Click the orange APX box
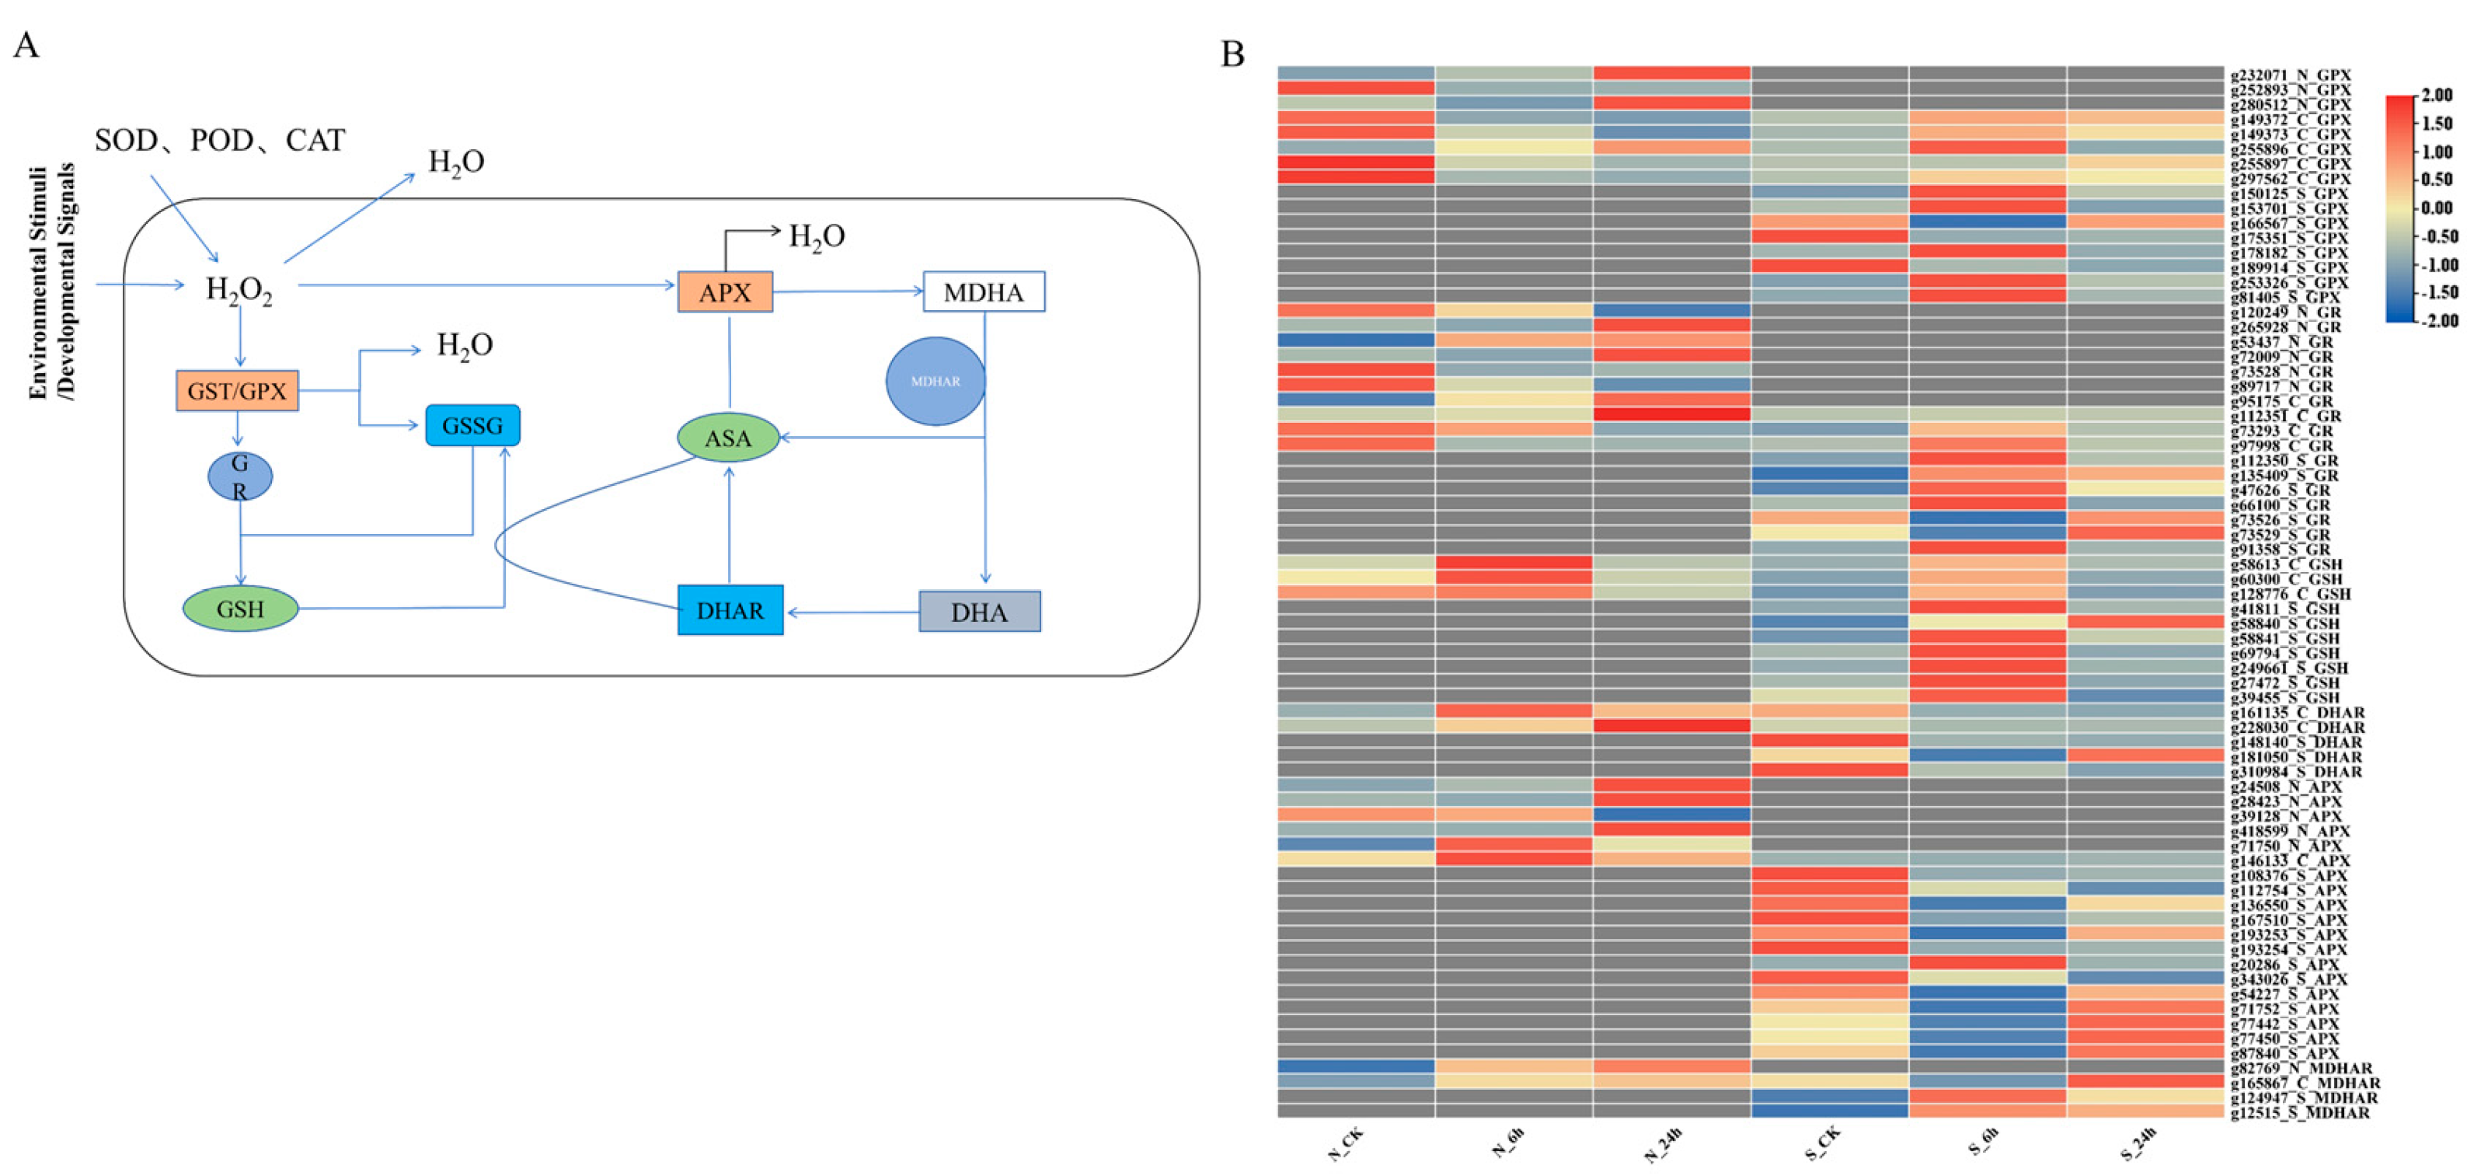click(725, 292)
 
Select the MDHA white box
click(984, 292)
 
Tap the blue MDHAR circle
click(935, 381)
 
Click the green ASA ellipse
click(728, 438)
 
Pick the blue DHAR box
click(730, 610)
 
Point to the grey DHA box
click(979, 612)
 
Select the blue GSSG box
click(472, 425)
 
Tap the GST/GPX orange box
click(236, 391)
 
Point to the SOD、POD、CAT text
click(219, 141)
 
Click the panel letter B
click(1232, 54)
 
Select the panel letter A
click(26, 45)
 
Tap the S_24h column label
click(2138, 1144)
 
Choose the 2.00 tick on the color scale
click(2437, 95)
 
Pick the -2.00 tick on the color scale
click(2437, 321)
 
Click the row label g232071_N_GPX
click(2291, 75)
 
